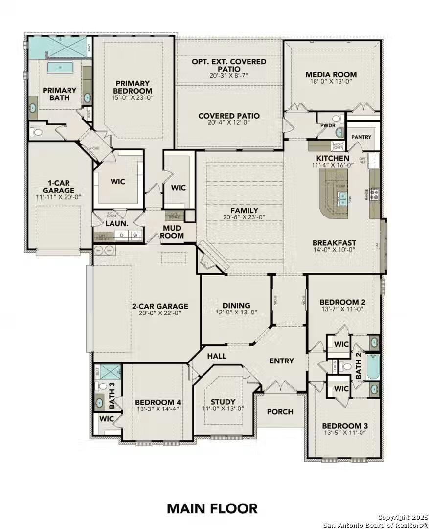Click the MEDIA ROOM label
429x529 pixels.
tap(331, 75)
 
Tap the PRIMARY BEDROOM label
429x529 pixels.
tap(133, 87)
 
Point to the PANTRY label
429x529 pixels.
tap(361, 137)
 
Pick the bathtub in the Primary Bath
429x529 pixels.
tap(61, 67)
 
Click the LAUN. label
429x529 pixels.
tap(117, 223)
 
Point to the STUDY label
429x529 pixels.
tap(223, 402)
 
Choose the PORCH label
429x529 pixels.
tap(280, 412)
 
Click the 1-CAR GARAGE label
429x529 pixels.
tap(58, 187)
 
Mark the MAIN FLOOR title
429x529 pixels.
tap(212, 508)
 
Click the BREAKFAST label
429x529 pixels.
tap(335, 242)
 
